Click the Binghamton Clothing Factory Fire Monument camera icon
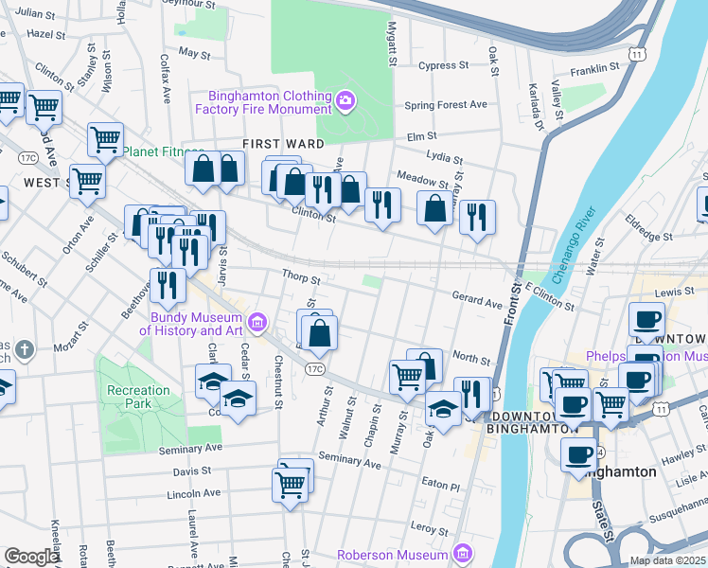pyautogui.click(x=345, y=98)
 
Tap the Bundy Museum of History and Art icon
pyautogui.click(x=257, y=324)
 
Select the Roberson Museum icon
pyautogui.click(x=463, y=552)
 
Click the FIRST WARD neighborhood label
pyautogui.click(x=283, y=144)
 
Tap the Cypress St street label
pyautogui.click(x=444, y=66)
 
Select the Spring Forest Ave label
pyautogui.click(x=446, y=105)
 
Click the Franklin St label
pyautogui.click(x=594, y=69)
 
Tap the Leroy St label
pyautogui.click(x=429, y=530)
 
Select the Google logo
pyautogui.click(x=32, y=557)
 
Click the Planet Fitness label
pyautogui.click(x=163, y=151)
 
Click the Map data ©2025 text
pyautogui.click(x=667, y=560)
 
